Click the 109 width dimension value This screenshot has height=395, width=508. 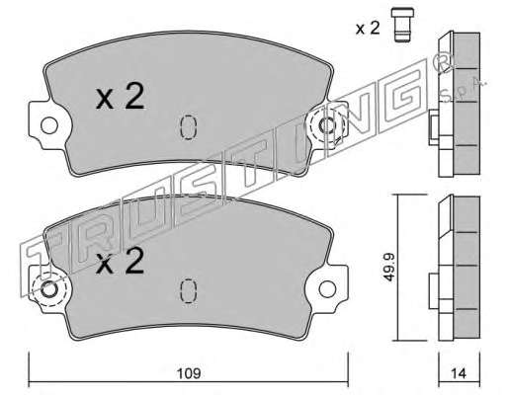click(189, 373)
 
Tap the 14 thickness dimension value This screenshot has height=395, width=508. click(459, 373)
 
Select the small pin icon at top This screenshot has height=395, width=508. click(402, 25)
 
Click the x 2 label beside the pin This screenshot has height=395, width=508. click(368, 29)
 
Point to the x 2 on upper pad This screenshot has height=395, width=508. click(121, 96)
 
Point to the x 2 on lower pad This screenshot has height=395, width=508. click(121, 261)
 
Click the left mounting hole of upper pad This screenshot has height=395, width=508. click(49, 125)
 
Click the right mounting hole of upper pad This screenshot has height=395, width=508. click(327, 125)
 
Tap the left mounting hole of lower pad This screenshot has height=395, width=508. click(49, 289)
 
